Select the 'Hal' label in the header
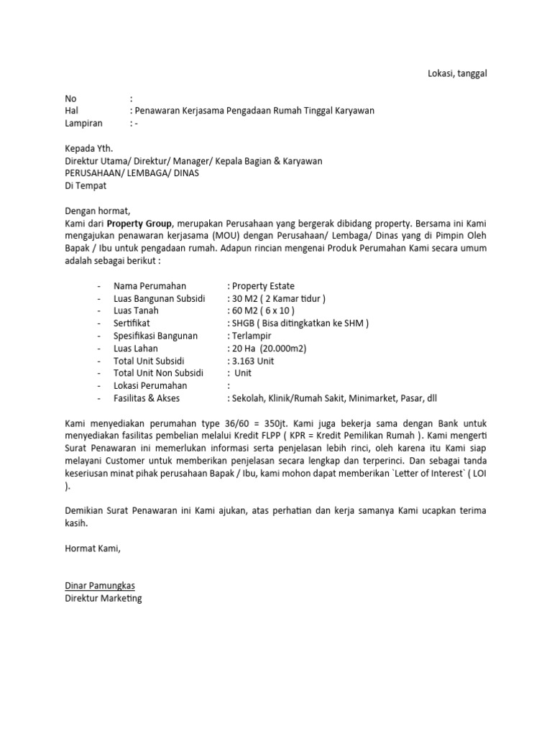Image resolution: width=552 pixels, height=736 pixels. (71, 111)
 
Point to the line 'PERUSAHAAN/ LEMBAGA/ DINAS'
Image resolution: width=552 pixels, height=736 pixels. (132, 173)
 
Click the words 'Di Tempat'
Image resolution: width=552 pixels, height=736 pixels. (86, 185)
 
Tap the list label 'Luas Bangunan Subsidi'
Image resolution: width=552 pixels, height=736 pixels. (160, 298)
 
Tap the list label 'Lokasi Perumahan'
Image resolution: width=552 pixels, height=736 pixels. (149, 385)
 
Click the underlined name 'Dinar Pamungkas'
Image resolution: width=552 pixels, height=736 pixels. (101, 585)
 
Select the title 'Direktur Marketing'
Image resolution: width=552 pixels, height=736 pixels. (103, 598)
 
